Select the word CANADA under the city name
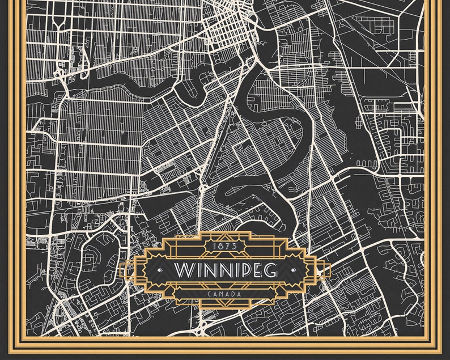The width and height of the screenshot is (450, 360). click(x=225, y=294)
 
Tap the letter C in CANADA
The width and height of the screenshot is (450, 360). click(x=210, y=294)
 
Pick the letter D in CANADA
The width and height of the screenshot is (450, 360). click(x=234, y=294)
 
